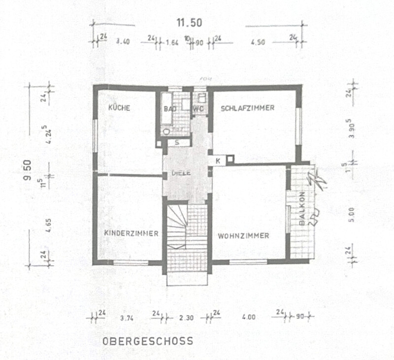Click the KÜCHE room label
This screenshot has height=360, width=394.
(119, 108)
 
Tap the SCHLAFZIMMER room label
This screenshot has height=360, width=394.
(247, 108)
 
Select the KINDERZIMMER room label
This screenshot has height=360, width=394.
(131, 233)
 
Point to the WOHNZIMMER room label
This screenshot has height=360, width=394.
(243, 236)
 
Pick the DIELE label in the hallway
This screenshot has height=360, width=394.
(181, 173)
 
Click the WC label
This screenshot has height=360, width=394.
(198, 108)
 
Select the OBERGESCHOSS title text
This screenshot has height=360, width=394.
(147, 341)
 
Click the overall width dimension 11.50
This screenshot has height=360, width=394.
(190, 22)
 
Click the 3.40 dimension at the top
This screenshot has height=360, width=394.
(122, 42)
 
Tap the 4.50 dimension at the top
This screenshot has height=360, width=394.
(258, 42)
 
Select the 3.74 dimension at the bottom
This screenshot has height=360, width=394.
(127, 318)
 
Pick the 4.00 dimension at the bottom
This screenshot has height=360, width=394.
(249, 318)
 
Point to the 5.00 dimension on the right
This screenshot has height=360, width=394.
(351, 215)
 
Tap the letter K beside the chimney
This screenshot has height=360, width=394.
(217, 160)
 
